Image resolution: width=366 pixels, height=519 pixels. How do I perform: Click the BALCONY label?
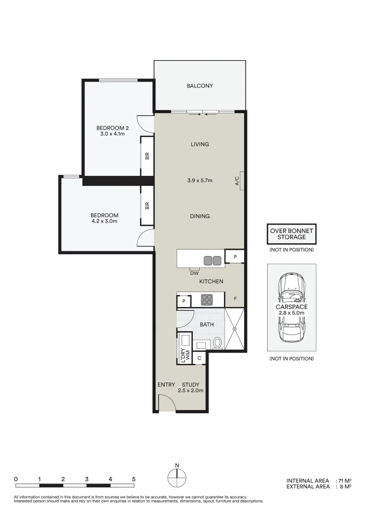click(200, 86)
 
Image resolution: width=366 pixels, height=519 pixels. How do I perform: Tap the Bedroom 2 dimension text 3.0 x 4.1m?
click(113, 134)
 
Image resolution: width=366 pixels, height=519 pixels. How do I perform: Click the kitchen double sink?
click(213, 260)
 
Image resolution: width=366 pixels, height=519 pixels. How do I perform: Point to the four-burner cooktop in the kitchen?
click(207, 300)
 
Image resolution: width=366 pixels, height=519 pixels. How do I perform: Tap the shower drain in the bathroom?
click(235, 329)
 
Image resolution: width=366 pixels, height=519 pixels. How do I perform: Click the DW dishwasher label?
click(194, 273)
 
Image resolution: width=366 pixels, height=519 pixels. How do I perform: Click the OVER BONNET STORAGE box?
click(291, 234)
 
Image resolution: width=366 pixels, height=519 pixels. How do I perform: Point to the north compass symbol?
click(177, 478)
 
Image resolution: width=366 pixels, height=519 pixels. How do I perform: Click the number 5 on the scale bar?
click(134, 479)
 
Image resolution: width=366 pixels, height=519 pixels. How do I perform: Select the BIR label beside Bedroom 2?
click(147, 155)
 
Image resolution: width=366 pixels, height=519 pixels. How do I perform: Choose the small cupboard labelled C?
click(199, 358)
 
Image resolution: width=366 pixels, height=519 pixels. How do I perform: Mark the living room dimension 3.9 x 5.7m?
click(200, 181)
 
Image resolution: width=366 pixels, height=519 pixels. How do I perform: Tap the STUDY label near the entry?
click(190, 384)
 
